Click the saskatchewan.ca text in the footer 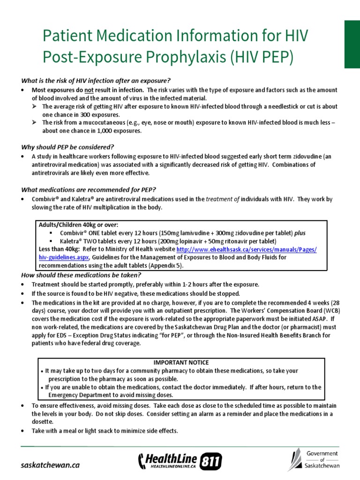51,465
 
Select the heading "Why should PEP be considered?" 67,147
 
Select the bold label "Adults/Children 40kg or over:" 79,225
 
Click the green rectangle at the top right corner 352,45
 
